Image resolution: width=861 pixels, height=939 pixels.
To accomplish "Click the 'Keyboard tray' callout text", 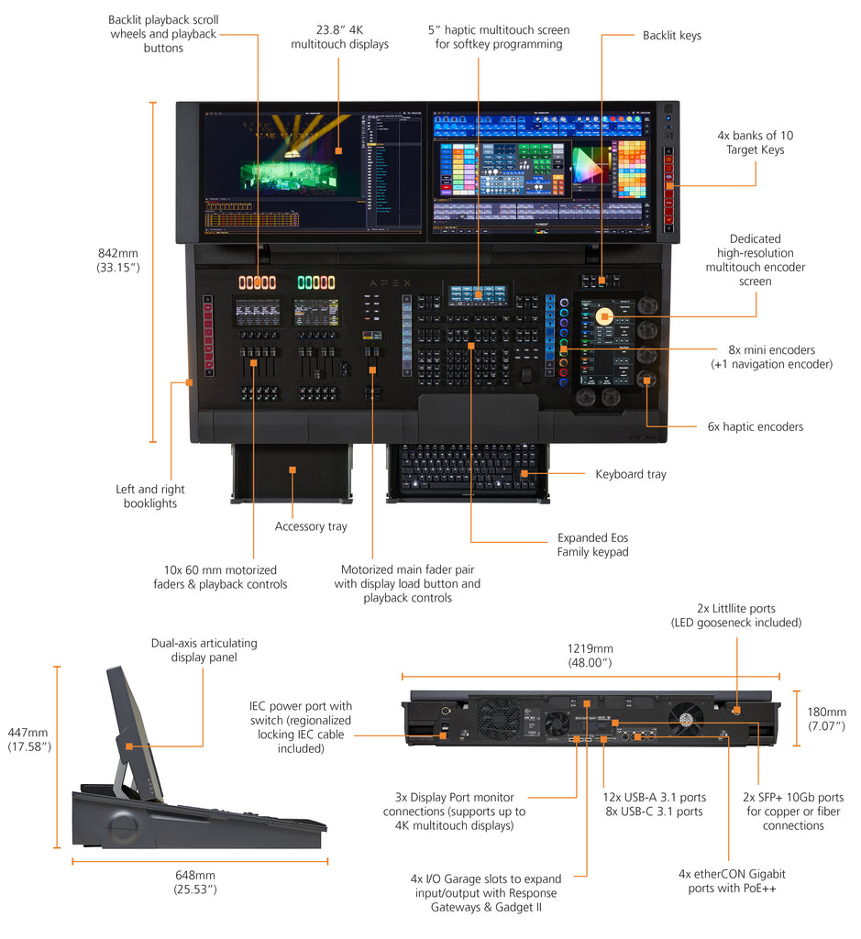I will pos(631,474).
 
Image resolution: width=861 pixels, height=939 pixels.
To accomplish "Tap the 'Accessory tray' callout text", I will pos(311,526).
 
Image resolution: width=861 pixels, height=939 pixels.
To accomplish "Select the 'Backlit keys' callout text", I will pos(671,36).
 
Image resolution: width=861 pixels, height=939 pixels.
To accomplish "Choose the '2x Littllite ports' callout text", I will pos(735,615).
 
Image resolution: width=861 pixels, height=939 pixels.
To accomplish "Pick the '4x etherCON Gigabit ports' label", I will pos(732,881).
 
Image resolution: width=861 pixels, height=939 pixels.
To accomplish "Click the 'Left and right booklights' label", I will pos(149,496).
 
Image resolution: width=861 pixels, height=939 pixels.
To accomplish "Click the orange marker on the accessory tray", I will pos(292,469).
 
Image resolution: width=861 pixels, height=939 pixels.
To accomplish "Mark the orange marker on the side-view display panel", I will pos(129,746).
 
